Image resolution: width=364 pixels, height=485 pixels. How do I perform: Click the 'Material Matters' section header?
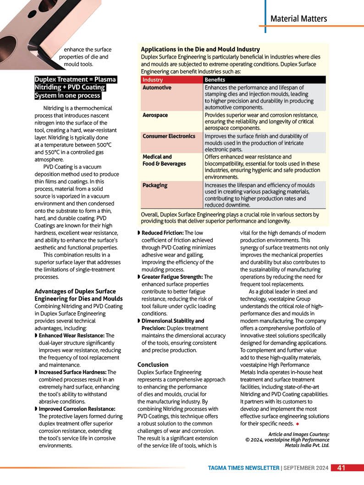pos(298,19)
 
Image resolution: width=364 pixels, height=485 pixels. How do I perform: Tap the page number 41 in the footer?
pos(341,468)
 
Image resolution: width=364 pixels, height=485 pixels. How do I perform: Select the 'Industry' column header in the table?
pos(152,80)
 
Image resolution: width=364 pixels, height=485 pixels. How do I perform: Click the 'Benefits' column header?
pos(215,80)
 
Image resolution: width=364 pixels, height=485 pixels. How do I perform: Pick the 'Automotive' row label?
pos(157,87)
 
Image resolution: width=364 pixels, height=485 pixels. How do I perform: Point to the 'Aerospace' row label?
pos(155,115)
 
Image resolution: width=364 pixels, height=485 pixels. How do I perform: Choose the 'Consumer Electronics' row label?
pos(169,136)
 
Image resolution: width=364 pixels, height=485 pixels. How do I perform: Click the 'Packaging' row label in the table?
pos(155,185)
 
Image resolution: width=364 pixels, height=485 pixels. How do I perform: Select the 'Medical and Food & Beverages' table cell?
pos(164,160)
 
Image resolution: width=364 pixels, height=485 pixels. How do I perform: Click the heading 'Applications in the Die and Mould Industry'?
pos(200,49)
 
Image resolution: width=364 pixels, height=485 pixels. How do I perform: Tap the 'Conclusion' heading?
pos(153,364)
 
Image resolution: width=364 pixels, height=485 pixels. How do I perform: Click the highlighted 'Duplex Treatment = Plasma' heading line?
pos(76,79)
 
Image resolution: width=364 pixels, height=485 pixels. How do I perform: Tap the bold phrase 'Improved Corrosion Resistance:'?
pos(77,409)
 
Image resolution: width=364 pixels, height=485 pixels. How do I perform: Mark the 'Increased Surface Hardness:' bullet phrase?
pos(72,372)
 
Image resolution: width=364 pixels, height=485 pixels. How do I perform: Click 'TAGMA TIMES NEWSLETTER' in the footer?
pos(243,468)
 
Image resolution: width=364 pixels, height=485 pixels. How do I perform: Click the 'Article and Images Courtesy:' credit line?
pos(298,434)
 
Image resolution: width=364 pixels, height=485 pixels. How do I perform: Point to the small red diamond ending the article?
pos(298,424)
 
